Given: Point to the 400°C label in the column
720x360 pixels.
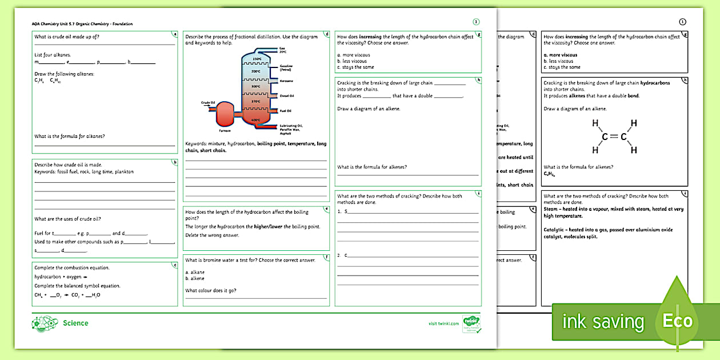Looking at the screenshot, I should [255, 119].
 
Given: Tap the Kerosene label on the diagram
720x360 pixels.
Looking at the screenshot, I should [287, 81].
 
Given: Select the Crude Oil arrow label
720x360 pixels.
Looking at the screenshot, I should [208, 103].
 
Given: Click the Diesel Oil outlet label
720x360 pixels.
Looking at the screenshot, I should [287, 95].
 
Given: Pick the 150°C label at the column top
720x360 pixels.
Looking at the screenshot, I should [257, 59].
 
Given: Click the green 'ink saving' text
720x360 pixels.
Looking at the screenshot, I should [603, 322].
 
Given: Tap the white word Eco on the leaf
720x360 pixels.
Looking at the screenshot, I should [678, 321].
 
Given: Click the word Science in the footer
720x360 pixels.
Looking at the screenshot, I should [75, 323].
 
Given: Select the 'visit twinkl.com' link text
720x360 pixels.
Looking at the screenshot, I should [443, 323].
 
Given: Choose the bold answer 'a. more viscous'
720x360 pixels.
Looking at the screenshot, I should [561, 55].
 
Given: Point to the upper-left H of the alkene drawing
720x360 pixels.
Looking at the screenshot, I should [595, 123].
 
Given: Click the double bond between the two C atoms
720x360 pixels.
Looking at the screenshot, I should [614, 137].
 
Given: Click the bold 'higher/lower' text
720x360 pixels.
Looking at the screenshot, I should [271, 226].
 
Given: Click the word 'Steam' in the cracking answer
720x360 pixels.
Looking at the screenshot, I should [550, 209].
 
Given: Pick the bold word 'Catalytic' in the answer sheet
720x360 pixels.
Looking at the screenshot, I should [554, 229].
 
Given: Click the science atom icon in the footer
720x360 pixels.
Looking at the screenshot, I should [45, 323].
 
